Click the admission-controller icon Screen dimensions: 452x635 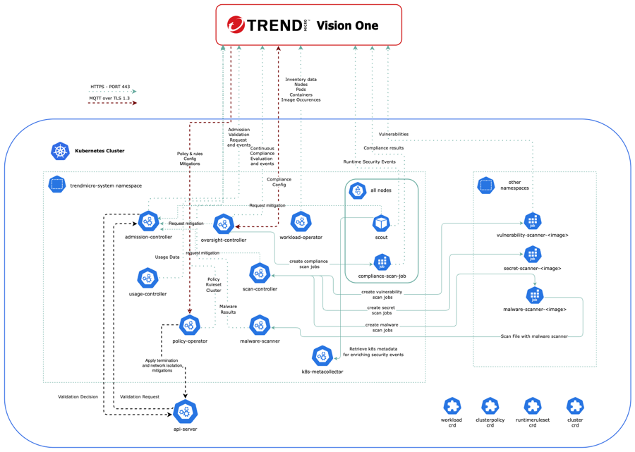coord(148,221)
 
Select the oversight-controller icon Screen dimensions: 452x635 coord(224,224)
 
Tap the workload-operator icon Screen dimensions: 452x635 coord(301,221)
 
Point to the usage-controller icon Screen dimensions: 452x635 coord(147,278)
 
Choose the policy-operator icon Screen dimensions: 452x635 coord(190,325)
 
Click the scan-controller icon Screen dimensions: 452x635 coord(260,273)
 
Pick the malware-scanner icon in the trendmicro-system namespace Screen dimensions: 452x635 coord(260,325)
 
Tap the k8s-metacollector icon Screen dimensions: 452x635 coord(322,355)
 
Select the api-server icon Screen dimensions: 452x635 coord(185,411)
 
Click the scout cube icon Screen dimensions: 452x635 coord(381,223)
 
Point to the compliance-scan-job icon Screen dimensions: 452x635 coord(382,262)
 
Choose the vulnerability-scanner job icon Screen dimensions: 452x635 coord(533,221)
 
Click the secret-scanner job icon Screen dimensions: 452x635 coord(533,254)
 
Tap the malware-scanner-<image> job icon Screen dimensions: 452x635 coord(534,294)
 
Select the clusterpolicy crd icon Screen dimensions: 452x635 coord(490,405)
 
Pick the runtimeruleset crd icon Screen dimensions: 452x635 coord(533,405)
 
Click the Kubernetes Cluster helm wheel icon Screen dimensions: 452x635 coord(61,151)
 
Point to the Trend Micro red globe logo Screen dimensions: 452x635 coord(236,25)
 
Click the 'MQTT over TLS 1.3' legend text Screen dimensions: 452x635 coord(110,98)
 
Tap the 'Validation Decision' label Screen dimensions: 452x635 coord(78,397)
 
